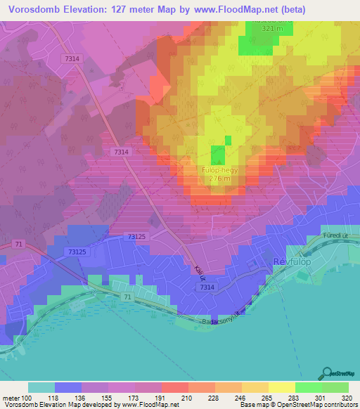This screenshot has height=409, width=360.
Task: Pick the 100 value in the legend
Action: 26,398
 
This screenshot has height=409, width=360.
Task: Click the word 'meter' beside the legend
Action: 11,398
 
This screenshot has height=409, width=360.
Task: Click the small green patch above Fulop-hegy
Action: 219,155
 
